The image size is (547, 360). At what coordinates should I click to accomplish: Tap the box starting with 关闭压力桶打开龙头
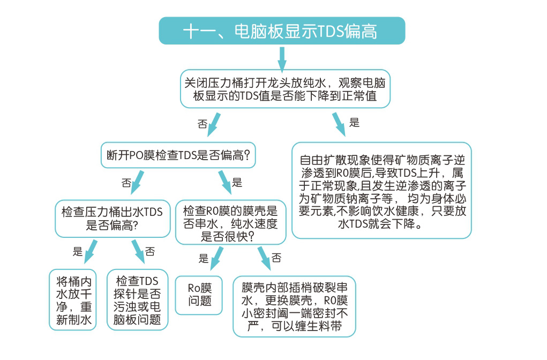pyautogui.click(x=285, y=89)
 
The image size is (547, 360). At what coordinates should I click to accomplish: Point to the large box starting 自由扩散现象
pyautogui.click(x=381, y=190)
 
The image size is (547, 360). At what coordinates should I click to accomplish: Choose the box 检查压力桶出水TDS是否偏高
pyautogui.click(x=113, y=218)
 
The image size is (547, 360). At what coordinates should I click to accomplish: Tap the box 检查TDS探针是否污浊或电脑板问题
pyautogui.click(x=138, y=299)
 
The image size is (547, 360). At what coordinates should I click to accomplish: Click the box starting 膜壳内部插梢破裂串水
pyautogui.click(x=294, y=306)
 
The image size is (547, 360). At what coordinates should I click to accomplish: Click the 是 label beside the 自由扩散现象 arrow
pyautogui.click(x=354, y=122)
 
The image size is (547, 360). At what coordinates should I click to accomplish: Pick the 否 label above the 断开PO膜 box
pyautogui.click(x=203, y=124)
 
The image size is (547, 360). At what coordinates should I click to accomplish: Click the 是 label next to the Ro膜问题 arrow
pyautogui.click(x=204, y=259)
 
